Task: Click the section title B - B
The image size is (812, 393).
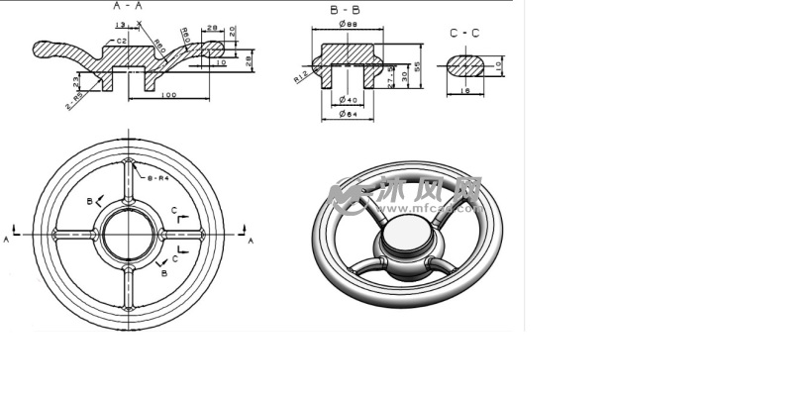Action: pyautogui.click(x=344, y=9)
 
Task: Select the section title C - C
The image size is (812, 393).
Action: pyautogui.click(x=464, y=33)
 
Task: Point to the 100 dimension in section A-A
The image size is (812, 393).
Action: pyautogui.click(x=167, y=95)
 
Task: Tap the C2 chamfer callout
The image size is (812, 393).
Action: pyautogui.click(x=121, y=42)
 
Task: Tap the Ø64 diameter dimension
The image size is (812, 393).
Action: pyautogui.click(x=347, y=115)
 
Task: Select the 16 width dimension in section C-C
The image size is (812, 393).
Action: pyautogui.click(x=463, y=91)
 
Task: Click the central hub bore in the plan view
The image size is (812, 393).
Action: pyautogui.click(x=129, y=234)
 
